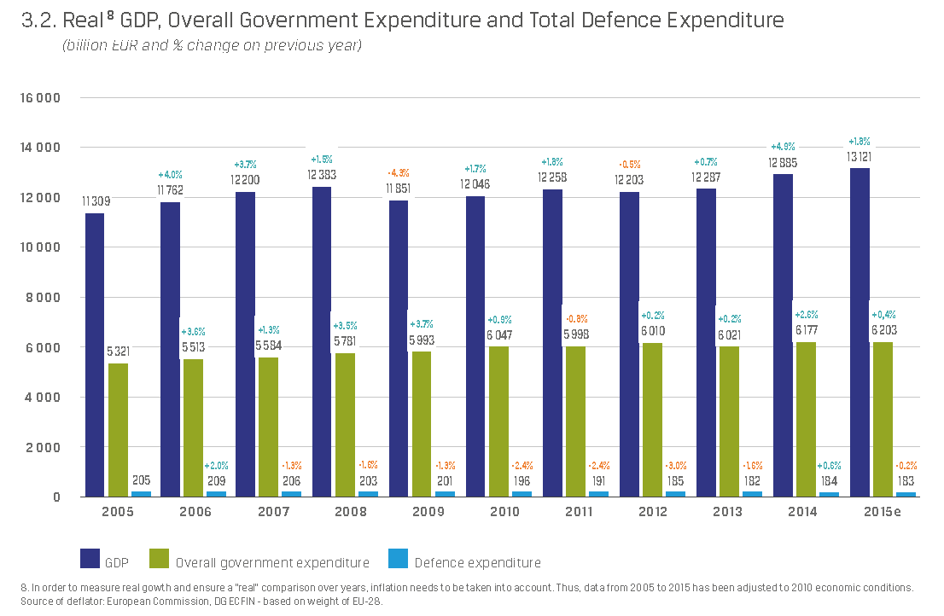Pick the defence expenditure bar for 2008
pos(368,494)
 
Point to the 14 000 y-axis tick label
pos(40,148)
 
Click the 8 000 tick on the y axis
pos(44,298)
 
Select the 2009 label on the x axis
pos(428,512)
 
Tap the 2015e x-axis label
pos(882,512)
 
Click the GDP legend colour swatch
pos(90,559)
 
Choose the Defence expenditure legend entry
pos(477,562)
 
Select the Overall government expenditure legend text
pos(272,562)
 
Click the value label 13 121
pos(859,156)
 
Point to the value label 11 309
pos(95,201)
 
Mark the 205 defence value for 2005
pos(141,480)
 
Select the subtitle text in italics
pos(212,45)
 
